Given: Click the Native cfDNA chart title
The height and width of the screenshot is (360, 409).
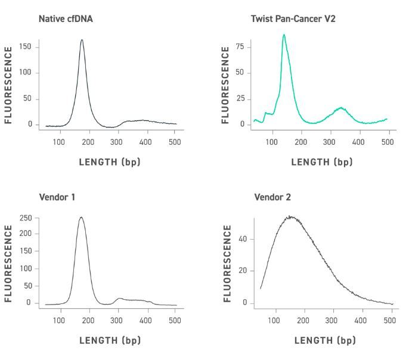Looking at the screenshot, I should (66, 18).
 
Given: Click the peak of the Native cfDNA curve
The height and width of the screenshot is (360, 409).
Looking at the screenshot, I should (82, 40).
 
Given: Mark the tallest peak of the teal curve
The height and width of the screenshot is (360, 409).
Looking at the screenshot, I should (284, 35).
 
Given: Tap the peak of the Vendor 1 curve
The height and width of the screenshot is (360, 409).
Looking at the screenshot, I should (81, 218).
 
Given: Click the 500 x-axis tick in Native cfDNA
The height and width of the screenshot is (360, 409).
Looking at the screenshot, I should (175, 141).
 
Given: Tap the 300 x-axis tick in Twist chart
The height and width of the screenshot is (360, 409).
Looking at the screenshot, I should (329, 141).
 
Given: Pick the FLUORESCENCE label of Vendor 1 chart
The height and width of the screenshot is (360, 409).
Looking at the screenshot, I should (8, 263).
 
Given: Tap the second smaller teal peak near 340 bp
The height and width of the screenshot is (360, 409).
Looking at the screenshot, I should (341, 108).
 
